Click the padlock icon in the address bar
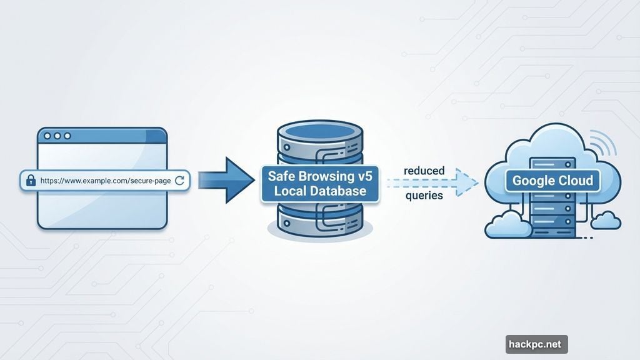point(30,181)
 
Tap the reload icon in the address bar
point(180,181)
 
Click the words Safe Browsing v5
point(319,176)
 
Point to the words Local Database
point(319,191)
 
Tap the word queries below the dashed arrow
point(424,196)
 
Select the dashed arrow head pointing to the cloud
point(469,182)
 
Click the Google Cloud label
point(551,181)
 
